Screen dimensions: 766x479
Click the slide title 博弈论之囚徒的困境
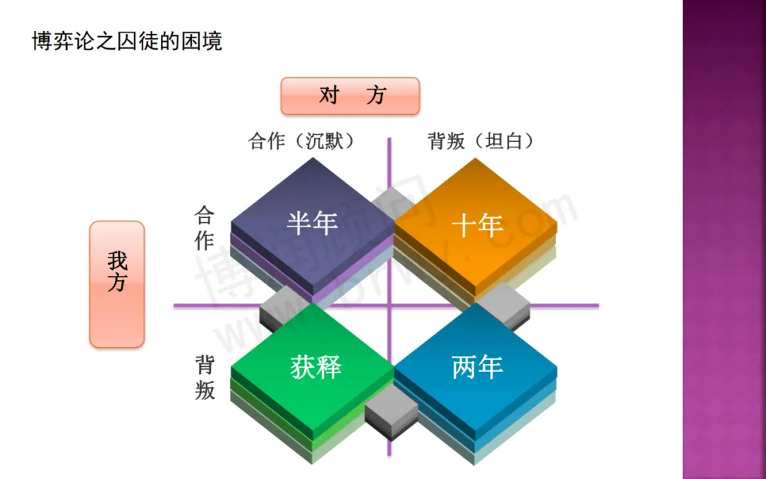pos(128,41)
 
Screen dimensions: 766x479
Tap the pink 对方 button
pos(350,96)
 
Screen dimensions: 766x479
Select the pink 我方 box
pos(117,283)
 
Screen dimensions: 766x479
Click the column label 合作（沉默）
pos(301,141)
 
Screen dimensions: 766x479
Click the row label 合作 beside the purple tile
pos(204,229)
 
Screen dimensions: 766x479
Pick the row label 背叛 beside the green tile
pos(205,378)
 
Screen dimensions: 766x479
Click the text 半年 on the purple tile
pos(312,223)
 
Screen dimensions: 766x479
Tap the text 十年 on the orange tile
pos(477,226)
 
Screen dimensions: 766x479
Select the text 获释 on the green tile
pos(316,367)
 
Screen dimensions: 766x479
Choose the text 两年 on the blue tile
pos(477,368)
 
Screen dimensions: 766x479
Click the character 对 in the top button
pos(329,95)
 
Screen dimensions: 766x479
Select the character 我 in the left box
pos(117,260)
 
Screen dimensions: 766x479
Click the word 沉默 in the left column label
pos(324,141)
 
